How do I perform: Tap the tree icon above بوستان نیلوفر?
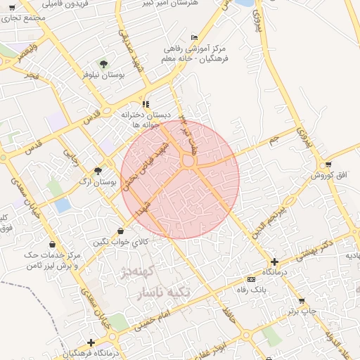(103, 64)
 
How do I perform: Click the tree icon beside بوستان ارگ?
(98, 171)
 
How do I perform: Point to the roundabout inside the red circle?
(188, 162)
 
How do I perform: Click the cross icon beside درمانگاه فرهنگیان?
(90, 342)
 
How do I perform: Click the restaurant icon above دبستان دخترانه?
(145, 104)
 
